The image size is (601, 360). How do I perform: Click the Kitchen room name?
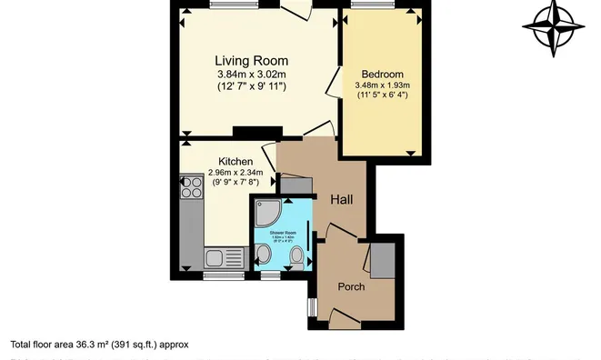[x=235, y=161]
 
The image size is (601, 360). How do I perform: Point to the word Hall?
[x=342, y=200]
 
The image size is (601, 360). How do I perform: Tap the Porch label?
[x=351, y=287]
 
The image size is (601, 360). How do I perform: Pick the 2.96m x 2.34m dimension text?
[x=235, y=173]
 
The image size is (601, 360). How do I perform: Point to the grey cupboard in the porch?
[x=381, y=260]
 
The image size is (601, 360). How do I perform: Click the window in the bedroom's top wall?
[x=369, y=5]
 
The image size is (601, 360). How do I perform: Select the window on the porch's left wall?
[x=312, y=305]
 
